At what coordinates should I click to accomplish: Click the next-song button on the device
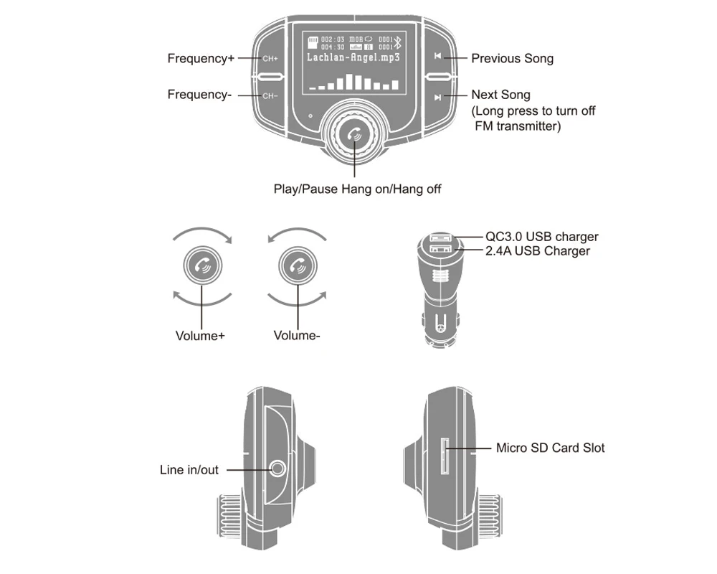(437, 95)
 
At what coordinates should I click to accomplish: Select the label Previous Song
(512, 59)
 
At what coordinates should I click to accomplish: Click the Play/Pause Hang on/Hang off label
(357, 189)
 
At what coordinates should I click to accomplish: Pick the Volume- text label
(296, 335)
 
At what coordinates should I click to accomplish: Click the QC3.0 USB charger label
(541, 237)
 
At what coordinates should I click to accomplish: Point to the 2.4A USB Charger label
(538, 251)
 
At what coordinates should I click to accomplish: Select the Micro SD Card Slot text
(550, 448)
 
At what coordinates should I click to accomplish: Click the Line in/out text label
(189, 470)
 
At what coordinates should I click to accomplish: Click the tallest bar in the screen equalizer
(350, 82)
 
